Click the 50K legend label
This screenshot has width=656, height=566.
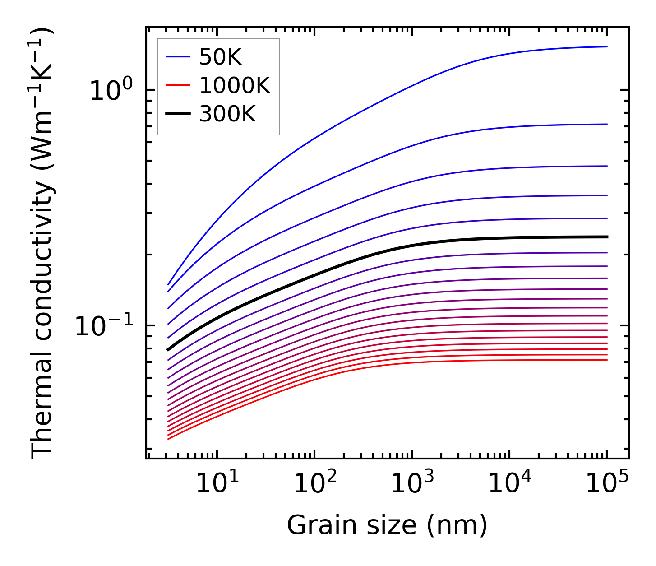click(x=220, y=57)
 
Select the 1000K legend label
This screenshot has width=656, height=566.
click(x=235, y=85)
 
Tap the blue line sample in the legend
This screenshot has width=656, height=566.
click(x=178, y=57)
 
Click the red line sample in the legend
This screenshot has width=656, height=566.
click(x=178, y=85)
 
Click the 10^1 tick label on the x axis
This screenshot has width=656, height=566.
click(x=217, y=484)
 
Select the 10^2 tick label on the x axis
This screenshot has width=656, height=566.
click(x=314, y=484)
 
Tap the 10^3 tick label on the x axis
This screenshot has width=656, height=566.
click(x=412, y=484)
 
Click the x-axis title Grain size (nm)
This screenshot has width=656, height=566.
click(x=387, y=526)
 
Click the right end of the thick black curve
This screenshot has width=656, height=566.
click(x=607, y=237)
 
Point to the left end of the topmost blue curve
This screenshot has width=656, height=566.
click(x=168, y=284)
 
